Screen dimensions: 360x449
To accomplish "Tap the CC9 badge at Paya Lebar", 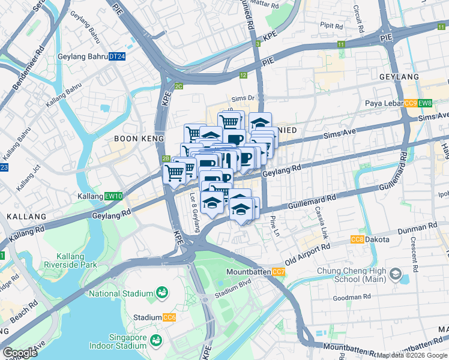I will [411, 103].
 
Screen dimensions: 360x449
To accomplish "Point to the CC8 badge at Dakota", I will [357, 239].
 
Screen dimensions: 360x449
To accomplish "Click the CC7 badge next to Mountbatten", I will [279, 272].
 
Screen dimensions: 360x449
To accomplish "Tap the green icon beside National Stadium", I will [161, 293].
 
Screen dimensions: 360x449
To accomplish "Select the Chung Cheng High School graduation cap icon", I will [396, 274].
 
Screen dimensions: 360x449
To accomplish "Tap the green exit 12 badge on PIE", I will [243, 76].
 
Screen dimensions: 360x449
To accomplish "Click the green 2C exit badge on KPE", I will [178, 86].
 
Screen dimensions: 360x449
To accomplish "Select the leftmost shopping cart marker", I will [174, 173].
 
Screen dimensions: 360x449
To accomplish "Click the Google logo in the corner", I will [20, 353].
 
